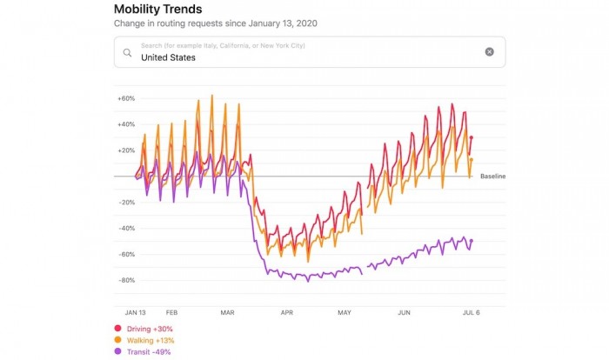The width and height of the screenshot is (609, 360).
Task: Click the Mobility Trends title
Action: click(157, 10)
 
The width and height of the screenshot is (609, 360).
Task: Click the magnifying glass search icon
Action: click(127, 52)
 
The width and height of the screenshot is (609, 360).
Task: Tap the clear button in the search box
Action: click(489, 52)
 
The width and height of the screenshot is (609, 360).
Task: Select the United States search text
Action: click(169, 58)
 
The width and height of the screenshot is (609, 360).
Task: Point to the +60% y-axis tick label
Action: click(126, 98)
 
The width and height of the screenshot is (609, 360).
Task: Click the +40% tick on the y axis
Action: click(126, 124)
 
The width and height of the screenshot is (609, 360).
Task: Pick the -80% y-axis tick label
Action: click(126, 281)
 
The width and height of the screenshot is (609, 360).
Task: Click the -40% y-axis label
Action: click(126, 229)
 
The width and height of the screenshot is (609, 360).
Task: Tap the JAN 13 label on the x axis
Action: click(136, 311)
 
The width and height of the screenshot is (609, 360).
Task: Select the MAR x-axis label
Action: click(228, 311)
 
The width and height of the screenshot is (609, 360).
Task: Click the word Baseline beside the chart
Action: click(492, 177)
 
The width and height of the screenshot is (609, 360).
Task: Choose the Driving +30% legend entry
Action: click(144, 328)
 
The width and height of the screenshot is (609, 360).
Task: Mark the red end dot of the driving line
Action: click(471, 137)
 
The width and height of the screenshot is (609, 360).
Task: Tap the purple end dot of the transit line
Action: click(471, 241)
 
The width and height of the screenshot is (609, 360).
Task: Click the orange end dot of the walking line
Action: click(471, 159)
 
